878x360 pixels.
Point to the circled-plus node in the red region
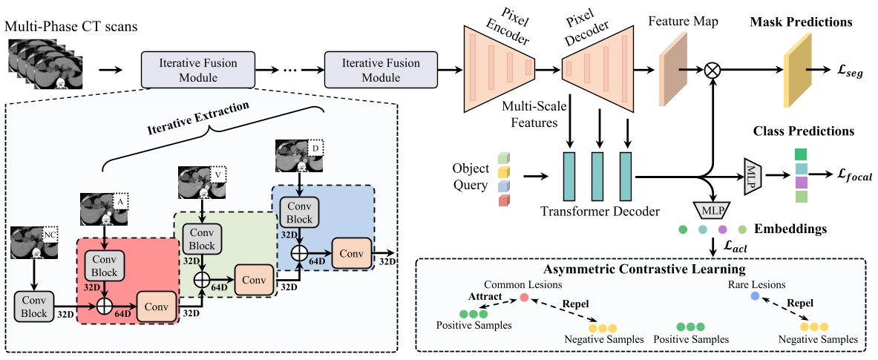[103, 304]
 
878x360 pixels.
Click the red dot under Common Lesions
[523, 298]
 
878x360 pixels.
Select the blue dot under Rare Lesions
[755, 296]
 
